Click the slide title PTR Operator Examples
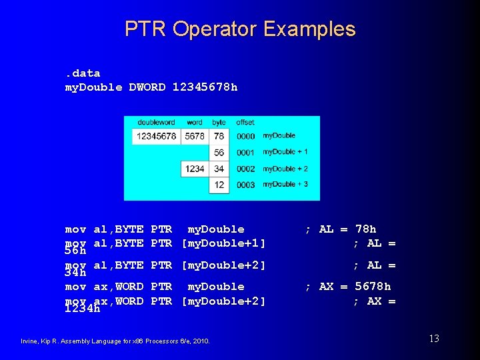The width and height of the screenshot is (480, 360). tap(240, 29)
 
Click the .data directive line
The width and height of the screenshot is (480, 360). tap(82, 73)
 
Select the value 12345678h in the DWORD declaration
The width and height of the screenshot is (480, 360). tap(205, 87)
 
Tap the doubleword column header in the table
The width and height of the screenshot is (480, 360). tap(156, 123)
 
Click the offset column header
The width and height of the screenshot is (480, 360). tap(245, 123)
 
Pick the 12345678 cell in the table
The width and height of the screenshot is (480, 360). tap(157, 136)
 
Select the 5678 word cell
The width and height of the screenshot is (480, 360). tap(195, 136)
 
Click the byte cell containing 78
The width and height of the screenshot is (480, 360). tap(219, 136)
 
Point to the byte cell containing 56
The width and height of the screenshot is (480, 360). tap(219, 153)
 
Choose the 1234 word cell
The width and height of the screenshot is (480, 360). tap(195, 169)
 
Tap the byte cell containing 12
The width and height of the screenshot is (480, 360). tap(219, 185)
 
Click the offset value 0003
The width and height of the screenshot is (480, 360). tap(245, 185)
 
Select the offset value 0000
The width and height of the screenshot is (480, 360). tap(245, 136)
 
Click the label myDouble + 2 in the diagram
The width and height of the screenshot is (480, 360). tap(285, 169)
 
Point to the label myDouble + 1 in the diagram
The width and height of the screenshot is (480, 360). tap(285, 152)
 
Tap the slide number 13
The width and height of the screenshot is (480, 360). tap(433, 339)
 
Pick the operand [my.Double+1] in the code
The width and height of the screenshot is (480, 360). tap(224, 243)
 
